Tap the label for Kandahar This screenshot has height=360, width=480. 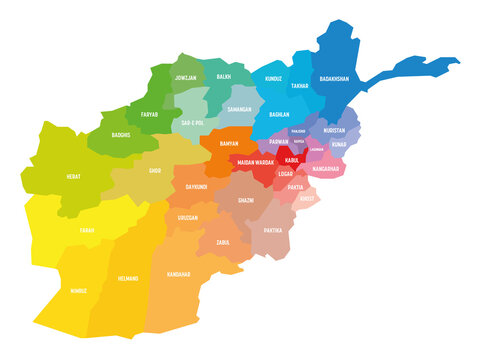[179, 273]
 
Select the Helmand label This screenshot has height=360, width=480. [128, 278]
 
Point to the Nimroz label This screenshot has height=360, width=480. [78, 293]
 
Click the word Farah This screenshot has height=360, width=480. [88, 230]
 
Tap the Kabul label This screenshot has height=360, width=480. [291, 159]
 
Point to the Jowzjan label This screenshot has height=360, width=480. [187, 77]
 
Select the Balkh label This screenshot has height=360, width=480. [223, 76]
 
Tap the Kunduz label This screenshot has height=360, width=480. [273, 77]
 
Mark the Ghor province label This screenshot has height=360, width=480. [155, 171]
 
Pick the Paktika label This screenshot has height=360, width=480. [273, 230]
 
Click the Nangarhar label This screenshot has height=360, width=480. [325, 169]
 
